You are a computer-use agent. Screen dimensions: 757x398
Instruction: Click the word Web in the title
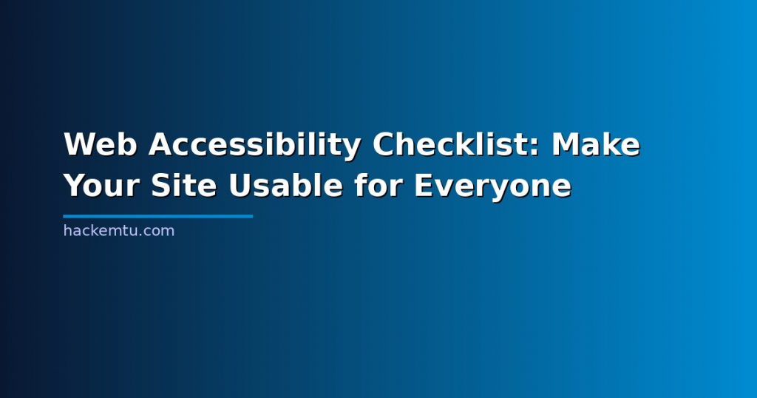(101, 144)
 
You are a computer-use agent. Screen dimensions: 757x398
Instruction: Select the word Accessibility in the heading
(255, 145)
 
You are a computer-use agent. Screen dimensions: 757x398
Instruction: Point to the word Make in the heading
(596, 144)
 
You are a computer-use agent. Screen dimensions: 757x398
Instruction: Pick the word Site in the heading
(183, 186)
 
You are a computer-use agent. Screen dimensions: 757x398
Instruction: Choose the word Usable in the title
(286, 186)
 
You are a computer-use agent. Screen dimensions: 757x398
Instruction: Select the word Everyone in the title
(492, 186)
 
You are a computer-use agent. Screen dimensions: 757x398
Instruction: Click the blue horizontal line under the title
(158, 217)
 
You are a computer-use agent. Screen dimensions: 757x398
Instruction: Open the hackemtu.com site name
(119, 230)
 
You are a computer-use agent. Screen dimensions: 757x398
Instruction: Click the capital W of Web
(80, 144)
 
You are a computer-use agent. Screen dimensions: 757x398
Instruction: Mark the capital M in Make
(566, 144)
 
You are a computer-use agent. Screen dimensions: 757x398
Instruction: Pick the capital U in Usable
(240, 186)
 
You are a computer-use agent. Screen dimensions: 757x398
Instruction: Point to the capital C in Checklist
(384, 144)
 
